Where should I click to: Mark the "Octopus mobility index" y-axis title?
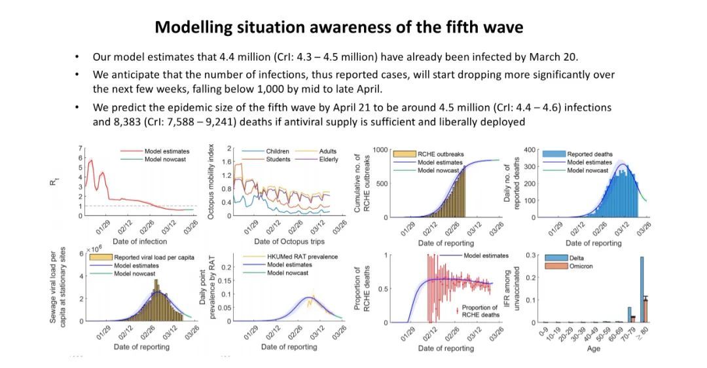click(x=211, y=183)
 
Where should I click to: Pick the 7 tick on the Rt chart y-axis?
click(x=81, y=149)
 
